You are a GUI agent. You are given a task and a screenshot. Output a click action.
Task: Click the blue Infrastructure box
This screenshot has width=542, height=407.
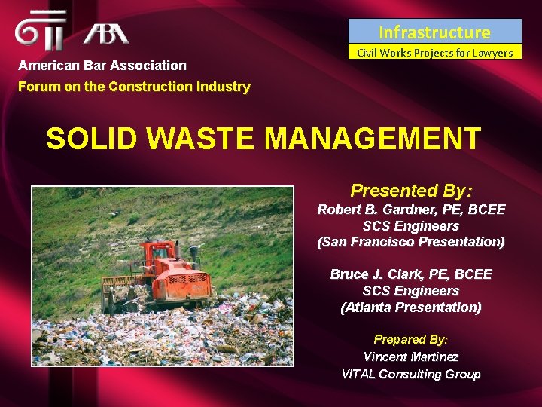[434, 32]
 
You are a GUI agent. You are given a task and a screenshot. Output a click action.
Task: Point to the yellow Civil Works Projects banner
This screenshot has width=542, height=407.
[434, 52]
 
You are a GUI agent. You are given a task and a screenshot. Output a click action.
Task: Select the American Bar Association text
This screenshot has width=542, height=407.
[102, 66]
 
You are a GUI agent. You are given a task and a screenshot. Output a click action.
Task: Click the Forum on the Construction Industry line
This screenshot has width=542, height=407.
[134, 86]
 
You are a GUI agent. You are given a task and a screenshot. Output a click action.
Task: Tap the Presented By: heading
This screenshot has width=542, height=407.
[411, 190]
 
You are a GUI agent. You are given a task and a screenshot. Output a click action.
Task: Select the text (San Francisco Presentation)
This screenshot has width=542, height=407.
[411, 242]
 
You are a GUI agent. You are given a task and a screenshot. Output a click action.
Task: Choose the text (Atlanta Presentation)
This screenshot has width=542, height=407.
[411, 307]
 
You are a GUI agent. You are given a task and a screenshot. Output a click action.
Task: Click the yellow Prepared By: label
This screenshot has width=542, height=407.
[411, 340]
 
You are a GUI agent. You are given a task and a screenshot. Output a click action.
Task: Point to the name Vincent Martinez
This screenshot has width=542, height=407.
[411, 357]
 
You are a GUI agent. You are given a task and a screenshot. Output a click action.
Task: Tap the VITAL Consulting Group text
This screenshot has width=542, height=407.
[411, 373]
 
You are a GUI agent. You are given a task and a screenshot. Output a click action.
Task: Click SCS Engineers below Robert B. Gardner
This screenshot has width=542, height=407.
[411, 225]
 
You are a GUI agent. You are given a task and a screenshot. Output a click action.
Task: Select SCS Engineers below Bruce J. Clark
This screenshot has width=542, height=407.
[411, 291]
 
